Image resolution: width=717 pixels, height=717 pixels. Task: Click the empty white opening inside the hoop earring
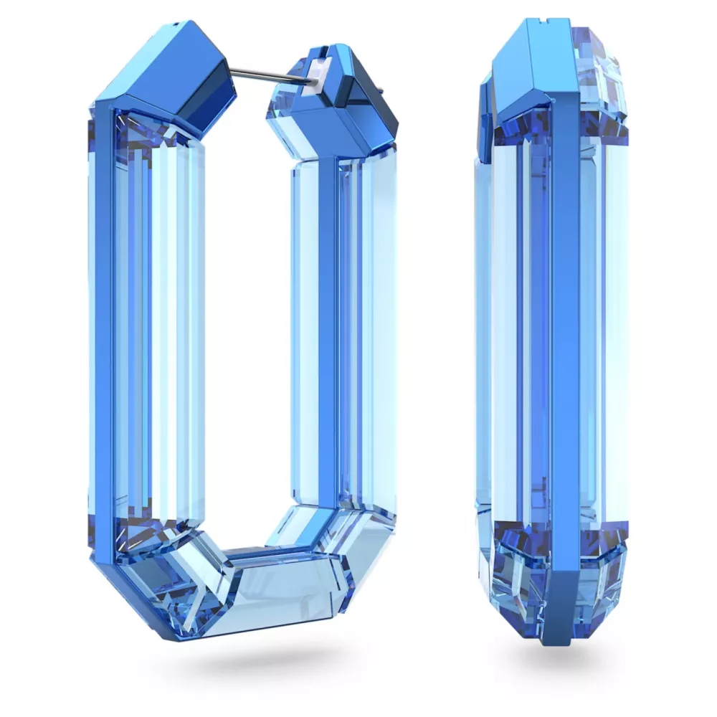coord(247,323)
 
